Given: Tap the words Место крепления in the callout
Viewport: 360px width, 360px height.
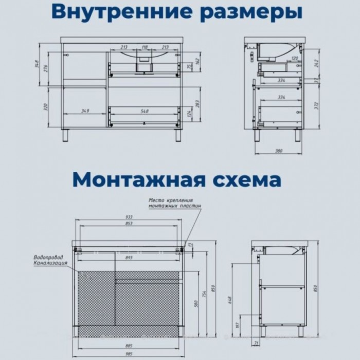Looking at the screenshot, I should click(x=170, y=200).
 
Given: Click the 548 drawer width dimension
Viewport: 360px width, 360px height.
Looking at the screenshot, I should click(x=145, y=110).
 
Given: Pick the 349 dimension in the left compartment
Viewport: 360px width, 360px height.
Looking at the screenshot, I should click(x=85, y=110).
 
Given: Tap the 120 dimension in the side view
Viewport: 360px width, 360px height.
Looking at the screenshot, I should click(x=294, y=59).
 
